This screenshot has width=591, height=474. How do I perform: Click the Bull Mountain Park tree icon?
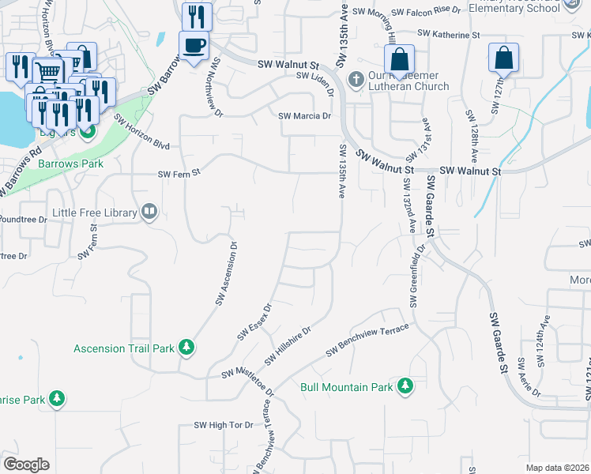(405, 386)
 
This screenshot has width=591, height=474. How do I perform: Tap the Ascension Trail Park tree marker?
(186, 348)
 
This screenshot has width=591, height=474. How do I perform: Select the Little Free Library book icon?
(149, 211)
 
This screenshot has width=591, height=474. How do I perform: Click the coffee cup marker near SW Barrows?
(194, 46)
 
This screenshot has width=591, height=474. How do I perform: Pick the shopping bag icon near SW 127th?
(503, 58)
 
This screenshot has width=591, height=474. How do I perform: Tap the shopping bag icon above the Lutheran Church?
(400, 58)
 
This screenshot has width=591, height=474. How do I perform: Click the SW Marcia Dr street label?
(304, 116)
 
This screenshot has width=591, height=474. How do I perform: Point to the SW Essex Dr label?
(254, 322)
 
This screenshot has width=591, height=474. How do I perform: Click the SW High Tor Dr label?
(224, 425)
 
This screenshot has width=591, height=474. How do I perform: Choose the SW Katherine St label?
(449, 35)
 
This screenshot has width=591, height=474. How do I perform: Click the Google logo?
(26, 464)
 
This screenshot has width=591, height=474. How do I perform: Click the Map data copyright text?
(557, 467)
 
